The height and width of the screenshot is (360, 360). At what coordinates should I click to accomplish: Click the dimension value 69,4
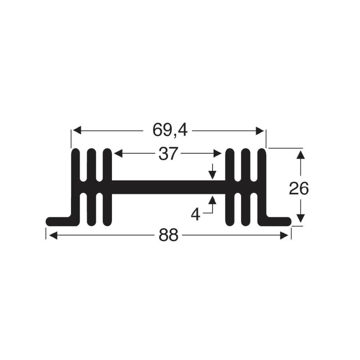[x=170, y=130]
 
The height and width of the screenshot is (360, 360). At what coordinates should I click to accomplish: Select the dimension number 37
[x=168, y=154]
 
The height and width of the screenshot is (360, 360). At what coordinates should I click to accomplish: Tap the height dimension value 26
[x=299, y=189]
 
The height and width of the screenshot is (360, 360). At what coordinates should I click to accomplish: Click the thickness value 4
[x=195, y=215]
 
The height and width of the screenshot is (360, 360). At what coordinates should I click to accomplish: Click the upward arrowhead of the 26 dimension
[x=301, y=155]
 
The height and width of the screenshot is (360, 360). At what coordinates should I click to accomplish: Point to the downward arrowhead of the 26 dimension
[x=301, y=218]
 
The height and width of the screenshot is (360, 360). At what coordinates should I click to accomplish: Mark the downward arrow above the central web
[x=212, y=175]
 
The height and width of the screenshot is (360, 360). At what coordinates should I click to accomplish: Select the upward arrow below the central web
[x=212, y=200]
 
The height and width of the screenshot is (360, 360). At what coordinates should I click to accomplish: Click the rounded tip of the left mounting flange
[x=50, y=221]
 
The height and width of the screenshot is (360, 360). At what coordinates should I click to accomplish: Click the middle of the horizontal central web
[x=168, y=187]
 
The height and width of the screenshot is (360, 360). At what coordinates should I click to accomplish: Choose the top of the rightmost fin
[x=262, y=151]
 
